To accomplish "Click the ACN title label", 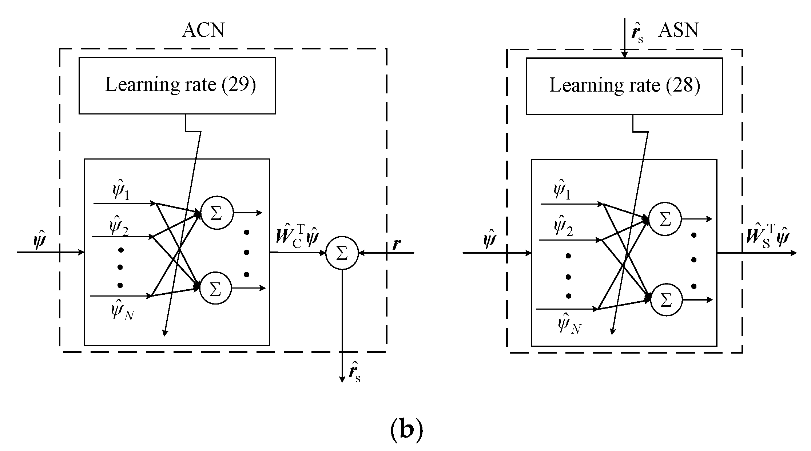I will click(x=203, y=30).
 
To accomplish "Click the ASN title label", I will click(x=678, y=30).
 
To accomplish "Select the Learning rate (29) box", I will click(x=177, y=85).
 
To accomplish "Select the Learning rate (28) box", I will click(x=624, y=86).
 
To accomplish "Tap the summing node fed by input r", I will click(x=342, y=253).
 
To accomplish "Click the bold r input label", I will click(x=397, y=245).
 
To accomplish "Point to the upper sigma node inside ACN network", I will click(x=217, y=213).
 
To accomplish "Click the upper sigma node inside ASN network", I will click(x=665, y=220).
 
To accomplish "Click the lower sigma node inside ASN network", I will click(x=666, y=300).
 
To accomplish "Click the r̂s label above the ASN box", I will click(x=637, y=33).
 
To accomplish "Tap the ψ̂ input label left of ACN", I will click(x=39, y=240).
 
